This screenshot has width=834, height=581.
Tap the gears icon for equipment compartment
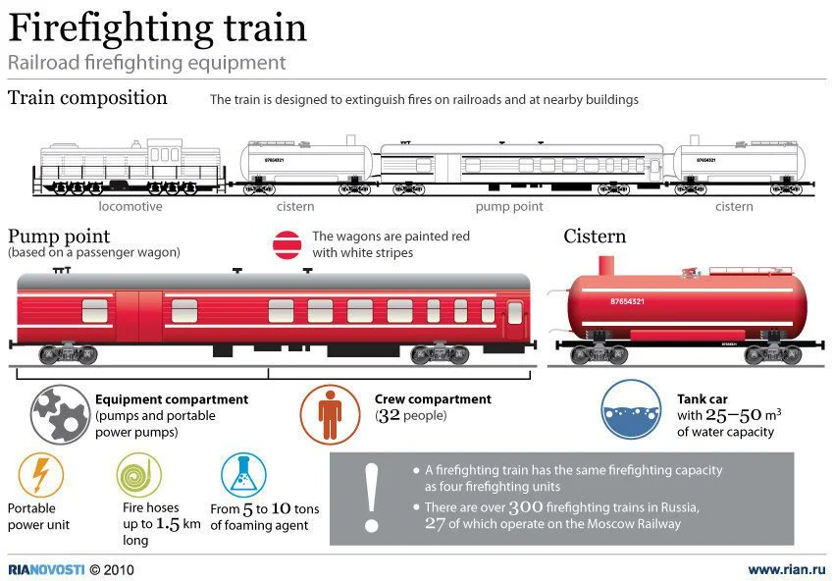click(x=60, y=414)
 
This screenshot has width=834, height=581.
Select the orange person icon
click(x=330, y=413)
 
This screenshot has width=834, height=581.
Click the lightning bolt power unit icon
click(x=40, y=476)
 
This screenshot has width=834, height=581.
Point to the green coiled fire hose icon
click(x=138, y=476)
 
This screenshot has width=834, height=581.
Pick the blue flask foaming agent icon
click(x=242, y=476)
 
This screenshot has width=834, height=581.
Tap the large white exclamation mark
click(x=371, y=499)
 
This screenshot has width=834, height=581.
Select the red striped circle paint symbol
click(x=287, y=244)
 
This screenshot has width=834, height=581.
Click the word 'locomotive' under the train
click(x=130, y=207)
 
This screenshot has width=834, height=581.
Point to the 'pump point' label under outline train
click(x=509, y=207)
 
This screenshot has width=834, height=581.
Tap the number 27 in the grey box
click(x=436, y=524)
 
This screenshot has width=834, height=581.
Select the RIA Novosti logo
click(x=46, y=569)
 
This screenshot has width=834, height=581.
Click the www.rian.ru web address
click(x=784, y=569)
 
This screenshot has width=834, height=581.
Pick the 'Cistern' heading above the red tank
click(x=595, y=237)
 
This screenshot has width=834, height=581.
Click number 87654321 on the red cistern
click(x=627, y=301)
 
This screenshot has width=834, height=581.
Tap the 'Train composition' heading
click(x=87, y=98)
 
